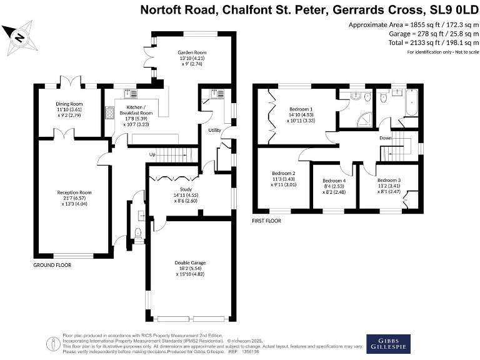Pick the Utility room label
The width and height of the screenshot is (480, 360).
(215, 130)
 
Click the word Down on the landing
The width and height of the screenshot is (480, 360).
(386, 138)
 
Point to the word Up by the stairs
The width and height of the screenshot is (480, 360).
(152, 154)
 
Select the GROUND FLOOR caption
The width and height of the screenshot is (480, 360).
(52, 265)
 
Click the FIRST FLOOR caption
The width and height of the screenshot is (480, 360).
(266, 221)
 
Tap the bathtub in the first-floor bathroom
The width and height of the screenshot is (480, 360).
(412, 103)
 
